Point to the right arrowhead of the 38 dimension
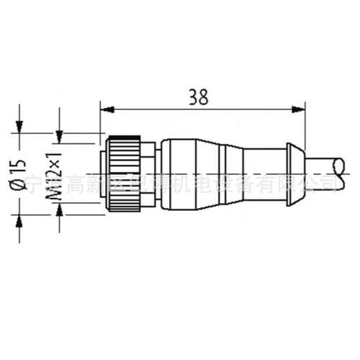(x=297, y=110)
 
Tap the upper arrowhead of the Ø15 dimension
(x=19, y=127)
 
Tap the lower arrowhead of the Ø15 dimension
(x=19, y=218)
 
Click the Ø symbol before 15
(x=19, y=188)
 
